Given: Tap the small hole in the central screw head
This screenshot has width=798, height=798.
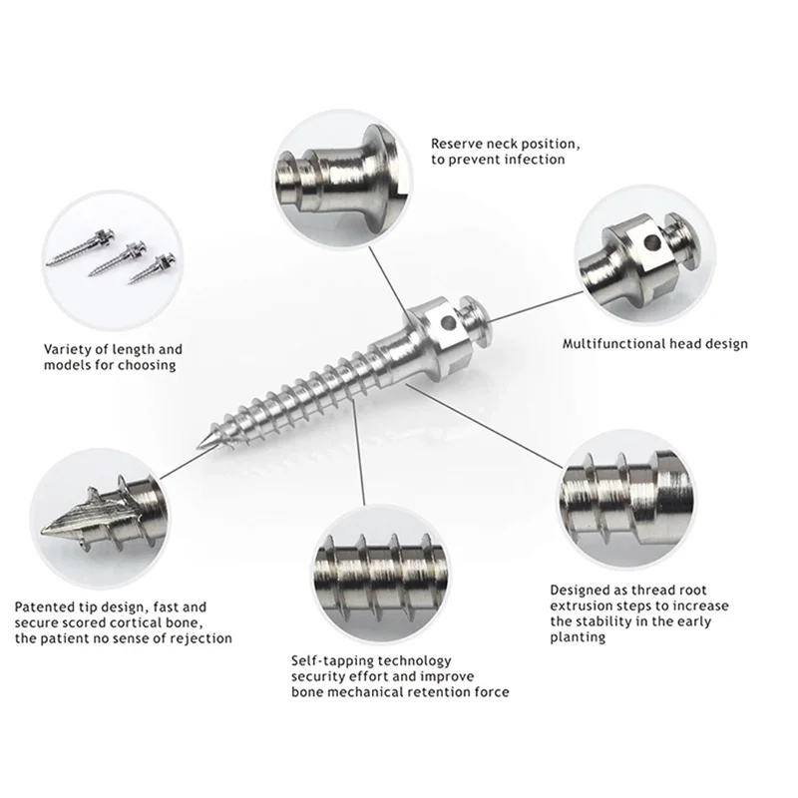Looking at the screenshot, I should click(448, 324).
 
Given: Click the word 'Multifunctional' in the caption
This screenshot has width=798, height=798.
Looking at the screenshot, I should click(612, 344).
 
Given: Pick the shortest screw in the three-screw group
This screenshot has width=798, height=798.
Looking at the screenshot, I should click(149, 270).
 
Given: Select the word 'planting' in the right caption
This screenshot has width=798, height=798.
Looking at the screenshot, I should click(578, 637).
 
